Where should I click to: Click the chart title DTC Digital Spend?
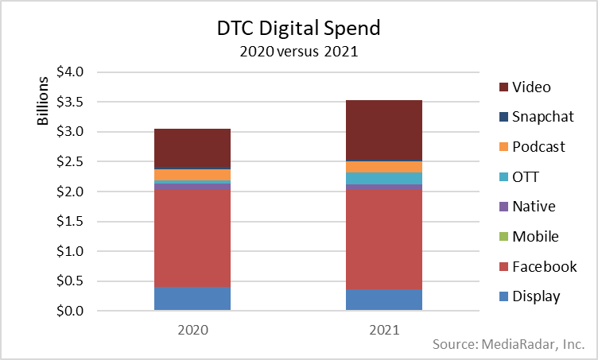pyautogui.click(x=299, y=29)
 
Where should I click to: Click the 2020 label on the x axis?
pyautogui.click(x=192, y=328)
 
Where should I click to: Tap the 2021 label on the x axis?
pyautogui.click(x=384, y=328)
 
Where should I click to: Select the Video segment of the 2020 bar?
pyautogui.click(x=192, y=147)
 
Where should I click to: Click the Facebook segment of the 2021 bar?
pyautogui.click(x=384, y=238)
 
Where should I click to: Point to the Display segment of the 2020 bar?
pyautogui.click(x=192, y=299)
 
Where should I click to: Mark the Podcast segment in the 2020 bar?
pyautogui.click(x=192, y=175)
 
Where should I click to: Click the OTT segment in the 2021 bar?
pyautogui.click(x=384, y=178)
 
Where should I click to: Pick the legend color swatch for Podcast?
pyautogui.click(x=503, y=147)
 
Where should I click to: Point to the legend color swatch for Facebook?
pyautogui.click(x=503, y=267)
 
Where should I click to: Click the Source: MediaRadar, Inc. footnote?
pyautogui.click(x=509, y=345)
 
